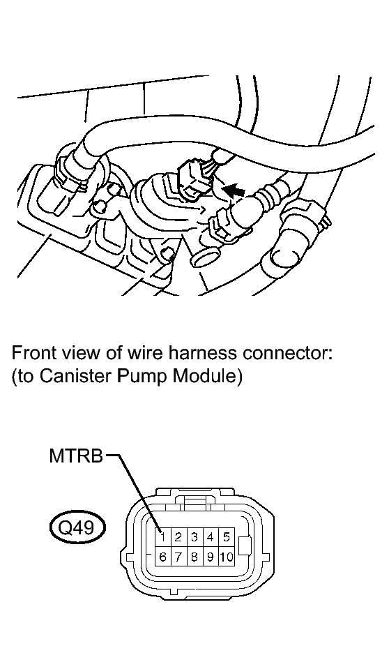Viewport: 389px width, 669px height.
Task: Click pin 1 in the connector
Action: (x=162, y=536)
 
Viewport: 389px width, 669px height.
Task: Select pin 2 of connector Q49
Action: (x=178, y=536)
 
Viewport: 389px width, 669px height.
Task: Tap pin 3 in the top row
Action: (x=194, y=536)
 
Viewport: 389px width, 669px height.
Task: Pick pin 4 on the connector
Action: (x=211, y=536)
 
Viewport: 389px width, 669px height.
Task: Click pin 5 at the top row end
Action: (x=226, y=536)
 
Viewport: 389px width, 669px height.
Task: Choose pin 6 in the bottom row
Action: (x=162, y=557)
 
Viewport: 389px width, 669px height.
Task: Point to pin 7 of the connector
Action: (x=178, y=557)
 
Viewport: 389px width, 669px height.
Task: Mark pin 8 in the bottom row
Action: (x=194, y=557)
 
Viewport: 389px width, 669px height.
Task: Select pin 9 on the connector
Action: (x=211, y=557)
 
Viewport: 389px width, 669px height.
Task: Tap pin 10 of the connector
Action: (x=226, y=557)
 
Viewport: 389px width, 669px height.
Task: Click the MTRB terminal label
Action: (x=76, y=456)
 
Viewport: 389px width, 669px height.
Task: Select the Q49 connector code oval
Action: (x=76, y=529)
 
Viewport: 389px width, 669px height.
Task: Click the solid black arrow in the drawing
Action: (x=234, y=190)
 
